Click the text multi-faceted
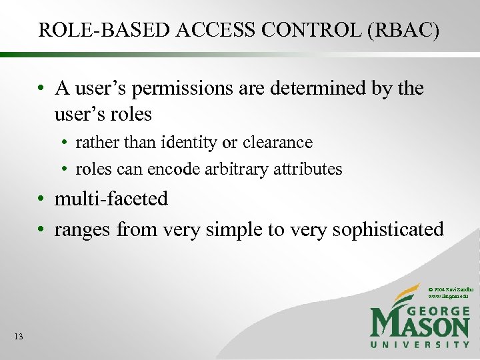point(111,199)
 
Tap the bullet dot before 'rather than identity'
point(67,143)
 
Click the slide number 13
point(18,337)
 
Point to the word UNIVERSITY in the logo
point(420,344)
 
